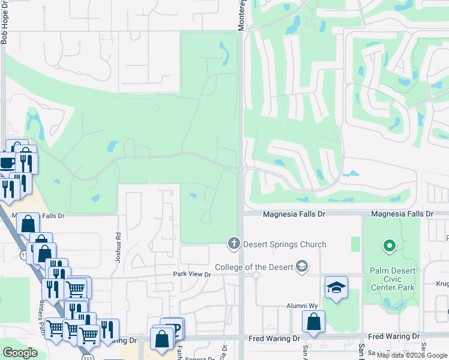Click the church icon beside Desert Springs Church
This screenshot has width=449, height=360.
233,244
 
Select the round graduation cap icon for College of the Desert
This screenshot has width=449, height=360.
302,266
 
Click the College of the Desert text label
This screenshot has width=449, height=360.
254,267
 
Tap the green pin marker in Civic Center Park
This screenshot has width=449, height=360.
389,245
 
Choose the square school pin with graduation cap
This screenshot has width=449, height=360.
336,287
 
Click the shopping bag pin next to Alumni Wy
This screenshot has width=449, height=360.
313,322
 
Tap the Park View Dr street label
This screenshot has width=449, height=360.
192,274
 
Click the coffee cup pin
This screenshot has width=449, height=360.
7,163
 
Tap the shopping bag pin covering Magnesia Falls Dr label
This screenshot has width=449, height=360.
28,224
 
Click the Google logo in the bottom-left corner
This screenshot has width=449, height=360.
20,352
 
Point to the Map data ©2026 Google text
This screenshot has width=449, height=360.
412,355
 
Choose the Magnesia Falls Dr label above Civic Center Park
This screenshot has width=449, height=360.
402,214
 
